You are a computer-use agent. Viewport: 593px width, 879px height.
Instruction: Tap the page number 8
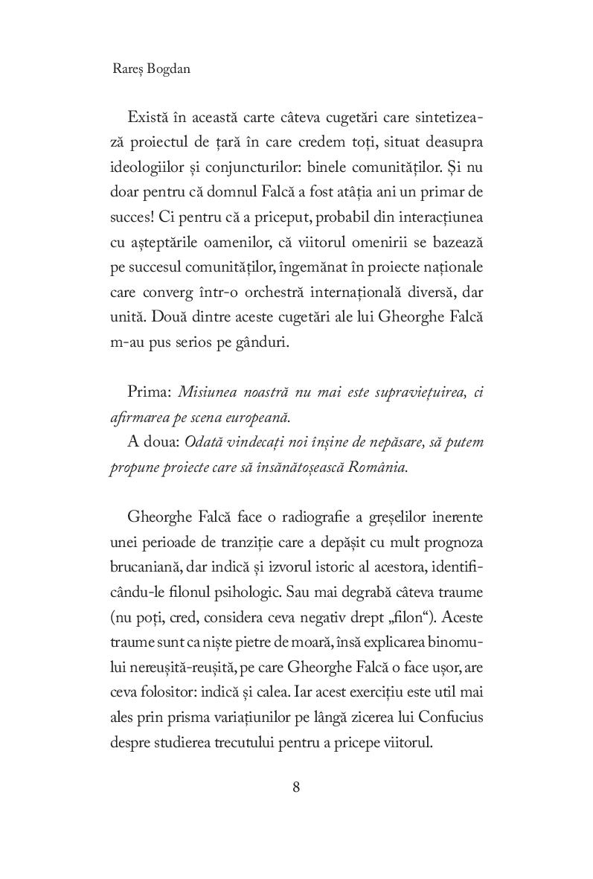click(296, 788)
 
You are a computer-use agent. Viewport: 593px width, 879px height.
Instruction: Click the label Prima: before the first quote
click(150, 392)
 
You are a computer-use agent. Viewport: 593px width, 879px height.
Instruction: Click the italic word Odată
click(226, 442)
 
